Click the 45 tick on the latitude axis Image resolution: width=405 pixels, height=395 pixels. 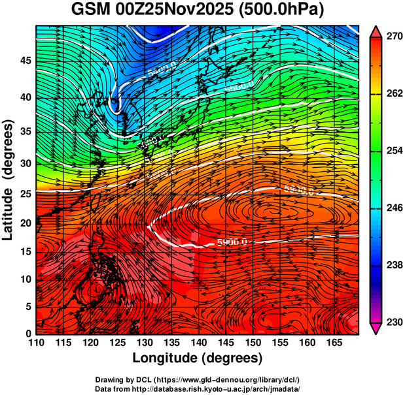coord(24,61)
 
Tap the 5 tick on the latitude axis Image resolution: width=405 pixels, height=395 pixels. coord(27,306)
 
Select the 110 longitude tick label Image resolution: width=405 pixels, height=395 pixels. coord(37,341)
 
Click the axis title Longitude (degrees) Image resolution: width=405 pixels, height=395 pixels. coord(198,358)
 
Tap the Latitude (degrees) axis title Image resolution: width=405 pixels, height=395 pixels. coord(9,180)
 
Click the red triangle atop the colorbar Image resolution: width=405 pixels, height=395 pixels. coord(376,31)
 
